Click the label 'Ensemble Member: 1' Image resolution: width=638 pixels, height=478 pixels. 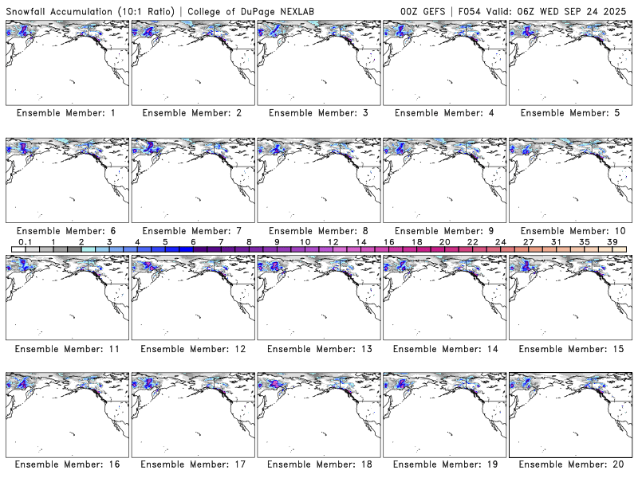click(x=65, y=113)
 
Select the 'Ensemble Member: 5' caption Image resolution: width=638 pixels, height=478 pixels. click(x=569, y=113)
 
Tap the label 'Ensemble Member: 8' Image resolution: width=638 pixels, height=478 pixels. click(x=317, y=231)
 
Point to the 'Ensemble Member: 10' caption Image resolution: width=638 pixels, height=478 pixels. click(x=569, y=231)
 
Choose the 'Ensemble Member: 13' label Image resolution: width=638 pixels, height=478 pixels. click(x=317, y=349)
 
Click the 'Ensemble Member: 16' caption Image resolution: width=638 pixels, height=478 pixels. click(x=65, y=464)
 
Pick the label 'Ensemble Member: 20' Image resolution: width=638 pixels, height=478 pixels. click(x=569, y=464)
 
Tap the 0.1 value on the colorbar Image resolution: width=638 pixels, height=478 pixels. click(x=26, y=241)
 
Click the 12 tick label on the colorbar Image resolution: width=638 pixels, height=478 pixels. click(x=333, y=241)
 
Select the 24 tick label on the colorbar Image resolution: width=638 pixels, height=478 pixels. click(x=500, y=241)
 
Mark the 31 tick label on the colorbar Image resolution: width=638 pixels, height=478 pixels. click(x=556, y=241)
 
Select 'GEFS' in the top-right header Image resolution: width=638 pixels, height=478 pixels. click(x=435, y=10)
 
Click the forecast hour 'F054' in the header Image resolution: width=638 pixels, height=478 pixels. click(x=471, y=10)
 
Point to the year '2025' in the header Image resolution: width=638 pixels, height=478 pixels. click(x=617, y=10)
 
